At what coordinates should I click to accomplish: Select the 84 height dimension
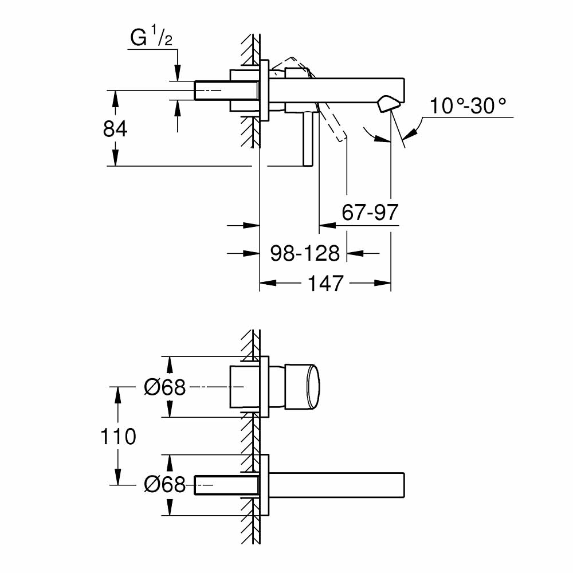115,129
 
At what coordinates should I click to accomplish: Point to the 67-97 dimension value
370,213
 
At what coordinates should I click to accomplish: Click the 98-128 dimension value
305,253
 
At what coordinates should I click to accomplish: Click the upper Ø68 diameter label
165,388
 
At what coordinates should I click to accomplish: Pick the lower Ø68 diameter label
165,485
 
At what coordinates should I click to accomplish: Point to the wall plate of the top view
264,90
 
